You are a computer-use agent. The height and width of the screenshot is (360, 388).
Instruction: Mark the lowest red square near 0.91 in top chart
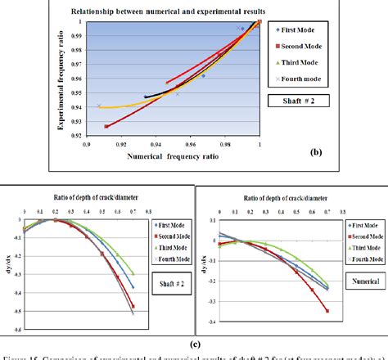(106, 127)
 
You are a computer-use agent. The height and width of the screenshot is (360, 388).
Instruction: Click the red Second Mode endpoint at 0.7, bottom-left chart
(133, 306)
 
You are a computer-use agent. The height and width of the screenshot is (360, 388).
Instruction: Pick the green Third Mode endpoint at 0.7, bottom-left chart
(133, 274)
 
